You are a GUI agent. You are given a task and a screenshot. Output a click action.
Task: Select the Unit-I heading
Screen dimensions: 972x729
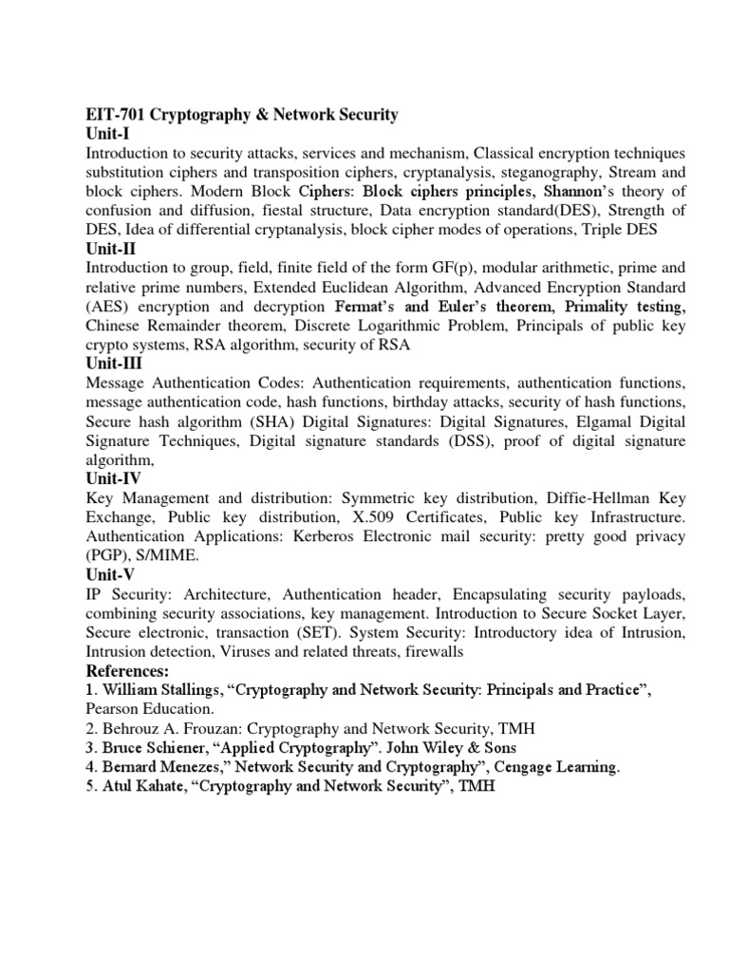tap(108, 134)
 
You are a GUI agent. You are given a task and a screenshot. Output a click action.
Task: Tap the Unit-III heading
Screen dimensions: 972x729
tap(115, 364)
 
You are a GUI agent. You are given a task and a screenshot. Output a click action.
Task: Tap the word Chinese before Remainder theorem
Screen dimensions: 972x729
tap(115, 326)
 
